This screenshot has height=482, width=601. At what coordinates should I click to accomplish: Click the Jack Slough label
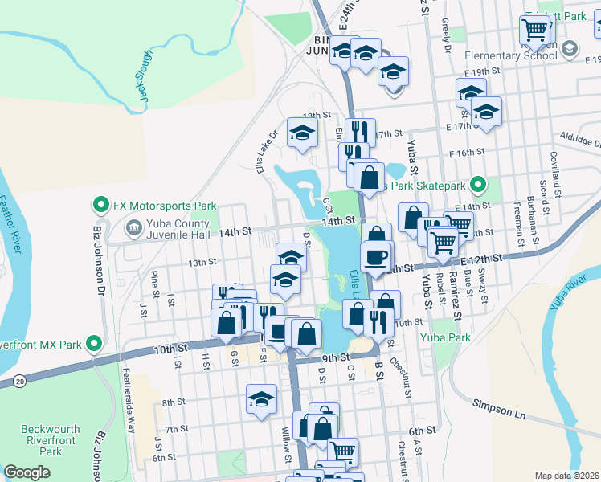[x=144, y=77]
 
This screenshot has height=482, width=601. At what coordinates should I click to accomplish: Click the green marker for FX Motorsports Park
[x=102, y=205]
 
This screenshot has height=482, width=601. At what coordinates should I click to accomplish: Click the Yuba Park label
[x=447, y=337]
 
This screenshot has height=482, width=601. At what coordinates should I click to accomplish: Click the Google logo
[x=27, y=472]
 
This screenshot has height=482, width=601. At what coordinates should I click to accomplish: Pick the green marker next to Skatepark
[x=478, y=186]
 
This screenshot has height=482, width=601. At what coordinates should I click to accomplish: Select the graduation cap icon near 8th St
[x=261, y=398]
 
